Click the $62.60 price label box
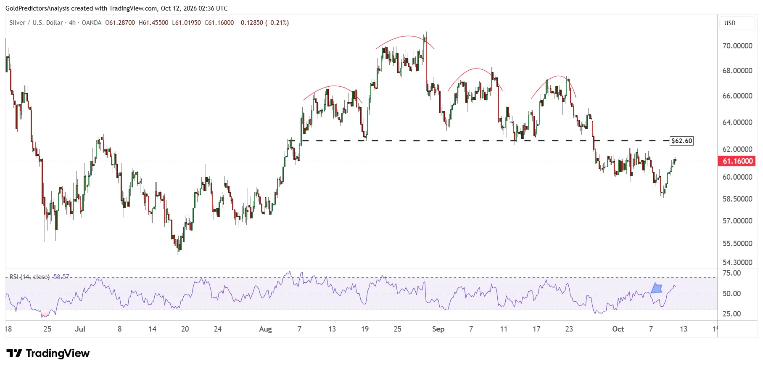[x=681, y=141]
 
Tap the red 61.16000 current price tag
[x=737, y=161]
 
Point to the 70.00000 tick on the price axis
[x=737, y=46]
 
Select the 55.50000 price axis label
[x=737, y=244]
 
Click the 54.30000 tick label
[x=737, y=263]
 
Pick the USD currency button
[x=730, y=23]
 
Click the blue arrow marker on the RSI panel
[x=657, y=288]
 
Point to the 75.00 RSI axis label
[x=731, y=273]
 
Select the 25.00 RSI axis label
[x=731, y=314]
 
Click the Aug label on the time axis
[x=265, y=329]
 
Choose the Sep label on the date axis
[x=438, y=329]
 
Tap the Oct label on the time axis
[x=618, y=329]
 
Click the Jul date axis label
[x=80, y=329]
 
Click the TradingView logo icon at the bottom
[x=14, y=353]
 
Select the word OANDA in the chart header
[x=92, y=23]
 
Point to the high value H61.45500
[x=153, y=23]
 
